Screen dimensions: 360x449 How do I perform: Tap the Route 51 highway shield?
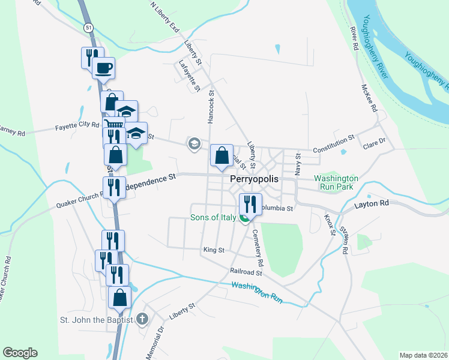88,28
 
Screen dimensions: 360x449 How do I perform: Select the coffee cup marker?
104,68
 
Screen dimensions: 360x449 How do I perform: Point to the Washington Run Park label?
336,182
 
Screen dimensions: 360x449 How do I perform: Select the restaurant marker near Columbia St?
250,204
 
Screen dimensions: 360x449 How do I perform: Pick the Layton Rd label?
372,204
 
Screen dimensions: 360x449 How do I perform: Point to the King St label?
214,250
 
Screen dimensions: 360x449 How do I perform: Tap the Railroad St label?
246,272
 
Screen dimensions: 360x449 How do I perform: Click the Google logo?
20,353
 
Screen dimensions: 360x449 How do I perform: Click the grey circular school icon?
194,143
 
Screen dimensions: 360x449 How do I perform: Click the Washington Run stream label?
256,292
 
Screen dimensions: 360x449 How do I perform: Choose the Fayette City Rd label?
77,125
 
